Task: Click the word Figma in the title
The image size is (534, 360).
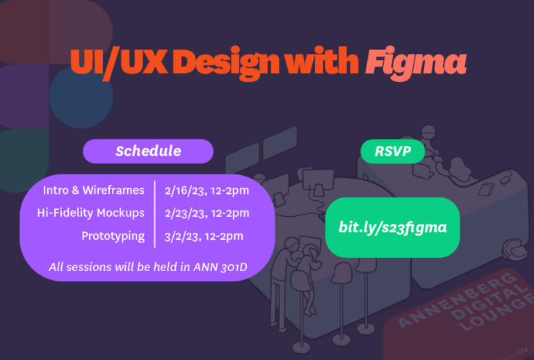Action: coord(415,63)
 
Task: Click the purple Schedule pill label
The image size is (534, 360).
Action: coord(148,151)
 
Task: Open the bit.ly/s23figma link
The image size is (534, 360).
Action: coord(392,228)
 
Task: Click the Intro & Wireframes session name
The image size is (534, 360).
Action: coord(94,190)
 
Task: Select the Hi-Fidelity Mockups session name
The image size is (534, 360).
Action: coord(91,213)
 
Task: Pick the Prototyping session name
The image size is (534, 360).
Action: coord(113,236)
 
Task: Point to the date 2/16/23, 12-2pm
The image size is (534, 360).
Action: coord(207,190)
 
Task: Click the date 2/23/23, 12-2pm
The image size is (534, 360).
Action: coord(207,213)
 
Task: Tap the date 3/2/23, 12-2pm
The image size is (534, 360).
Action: coord(204,236)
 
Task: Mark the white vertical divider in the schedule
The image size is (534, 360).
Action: coord(154,213)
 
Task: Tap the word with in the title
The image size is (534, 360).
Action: coord(326,63)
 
